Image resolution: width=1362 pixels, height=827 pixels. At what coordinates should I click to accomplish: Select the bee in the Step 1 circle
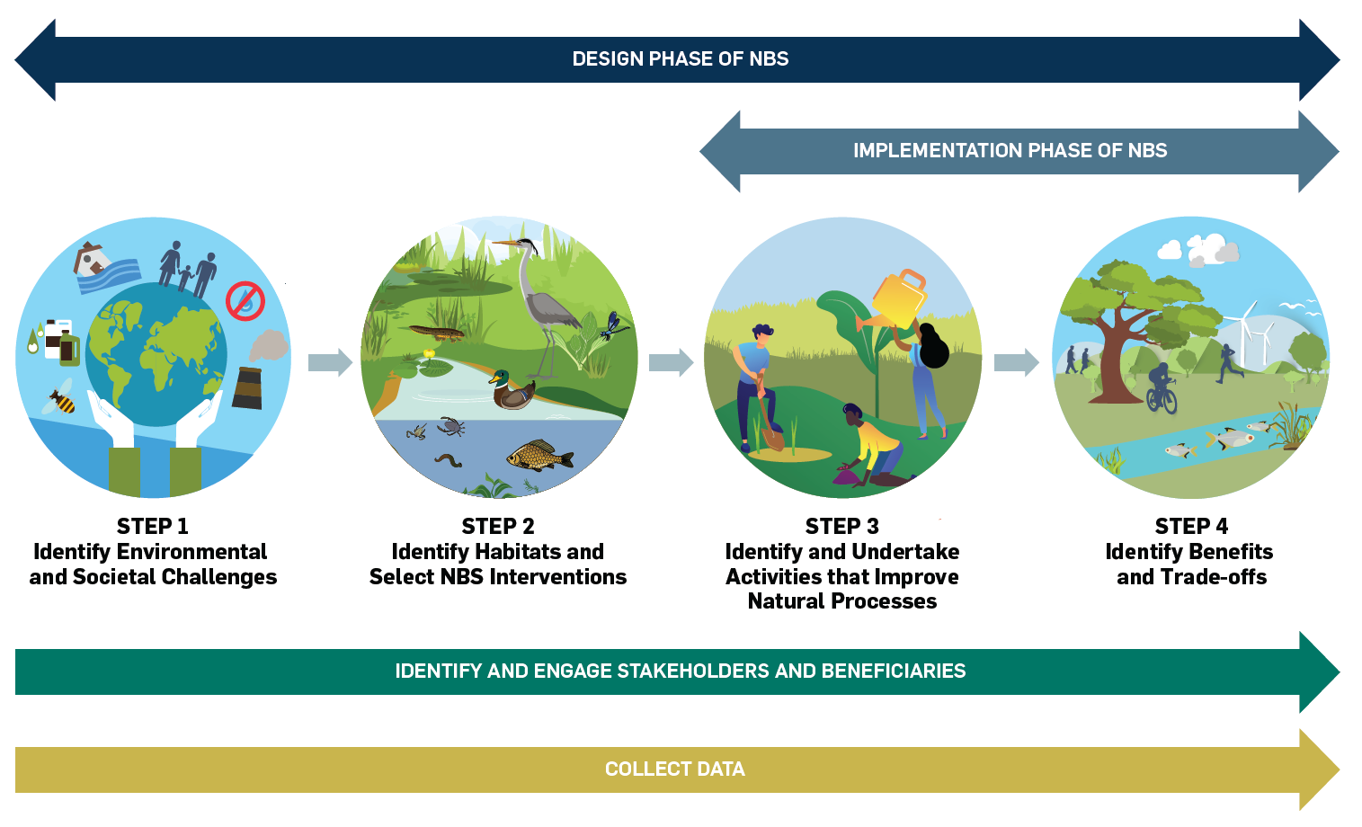pos(59,397)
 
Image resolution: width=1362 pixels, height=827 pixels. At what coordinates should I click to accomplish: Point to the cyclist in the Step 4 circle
pos(1162,388)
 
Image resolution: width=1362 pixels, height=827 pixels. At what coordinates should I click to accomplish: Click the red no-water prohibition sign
pos(245,301)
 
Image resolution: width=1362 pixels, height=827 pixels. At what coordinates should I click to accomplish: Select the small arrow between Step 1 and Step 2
pos(330,362)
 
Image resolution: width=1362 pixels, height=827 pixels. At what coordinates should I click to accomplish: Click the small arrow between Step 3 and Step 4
pos(1016,362)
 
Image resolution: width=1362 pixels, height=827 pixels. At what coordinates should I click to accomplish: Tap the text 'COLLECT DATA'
pos(675,769)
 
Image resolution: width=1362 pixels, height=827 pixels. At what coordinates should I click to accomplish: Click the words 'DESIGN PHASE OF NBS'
pos(681,59)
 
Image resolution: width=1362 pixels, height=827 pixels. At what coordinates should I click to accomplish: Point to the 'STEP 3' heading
pos(842,526)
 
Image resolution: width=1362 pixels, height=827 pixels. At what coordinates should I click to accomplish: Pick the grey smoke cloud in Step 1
pos(268,345)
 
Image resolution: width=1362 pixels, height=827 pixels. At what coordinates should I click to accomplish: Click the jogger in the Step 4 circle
pos(1228,363)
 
